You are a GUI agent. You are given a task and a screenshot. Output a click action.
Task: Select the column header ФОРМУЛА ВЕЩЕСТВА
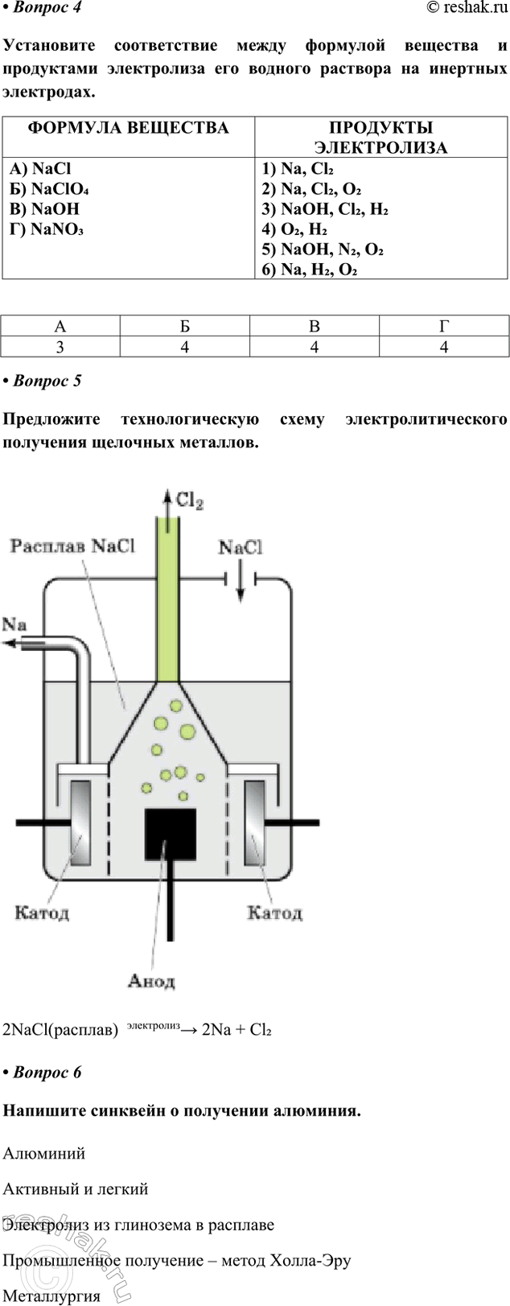128,128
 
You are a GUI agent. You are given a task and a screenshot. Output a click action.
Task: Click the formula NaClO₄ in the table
50,189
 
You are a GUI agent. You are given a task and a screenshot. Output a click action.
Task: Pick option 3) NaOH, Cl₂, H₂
325,209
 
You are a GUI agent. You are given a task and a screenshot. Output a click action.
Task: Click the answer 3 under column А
60,347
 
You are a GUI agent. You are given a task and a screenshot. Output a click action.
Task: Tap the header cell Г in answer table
443,327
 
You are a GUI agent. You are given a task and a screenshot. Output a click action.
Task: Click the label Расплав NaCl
72,546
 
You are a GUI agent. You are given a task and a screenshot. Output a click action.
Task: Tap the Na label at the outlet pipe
14,624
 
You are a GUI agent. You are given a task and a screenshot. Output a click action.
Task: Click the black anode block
171,834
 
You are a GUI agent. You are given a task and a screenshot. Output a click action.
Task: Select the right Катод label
274,913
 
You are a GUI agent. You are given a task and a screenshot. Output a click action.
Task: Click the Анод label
151,981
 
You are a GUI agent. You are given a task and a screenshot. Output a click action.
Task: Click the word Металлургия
51,1296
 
